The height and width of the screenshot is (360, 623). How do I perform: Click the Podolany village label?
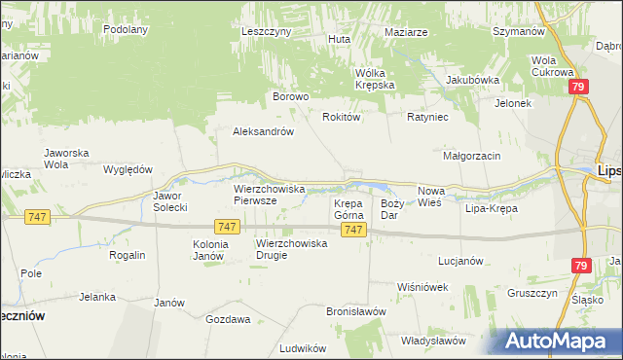125,29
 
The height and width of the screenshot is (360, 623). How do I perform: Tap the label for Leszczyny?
267,31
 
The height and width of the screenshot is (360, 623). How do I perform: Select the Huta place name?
339,39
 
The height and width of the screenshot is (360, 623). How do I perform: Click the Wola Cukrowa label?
550,66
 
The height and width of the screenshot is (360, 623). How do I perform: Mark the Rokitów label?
342,116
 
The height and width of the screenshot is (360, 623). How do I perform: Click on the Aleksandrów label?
263,131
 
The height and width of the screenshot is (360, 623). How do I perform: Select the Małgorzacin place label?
471,156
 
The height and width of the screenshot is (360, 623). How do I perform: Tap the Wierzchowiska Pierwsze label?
270,194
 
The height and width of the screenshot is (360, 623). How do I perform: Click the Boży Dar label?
391,208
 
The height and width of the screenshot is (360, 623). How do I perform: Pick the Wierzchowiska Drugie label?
291,249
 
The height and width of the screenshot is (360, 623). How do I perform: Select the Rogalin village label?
128,255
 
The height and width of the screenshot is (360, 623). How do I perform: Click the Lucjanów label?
461,261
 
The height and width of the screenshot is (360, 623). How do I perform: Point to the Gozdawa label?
228,318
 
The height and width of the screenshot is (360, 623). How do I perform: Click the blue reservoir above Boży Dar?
373,186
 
